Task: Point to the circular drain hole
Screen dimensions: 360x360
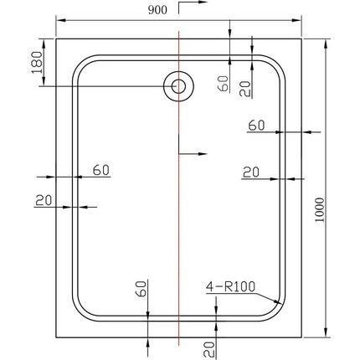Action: click(x=177, y=86)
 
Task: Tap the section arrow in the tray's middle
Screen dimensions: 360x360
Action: click(x=194, y=153)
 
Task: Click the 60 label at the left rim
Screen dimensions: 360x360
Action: click(x=101, y=170)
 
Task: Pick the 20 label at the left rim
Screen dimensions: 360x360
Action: click(x=44, y=200)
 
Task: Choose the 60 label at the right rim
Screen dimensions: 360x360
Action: click(x=257, y=126)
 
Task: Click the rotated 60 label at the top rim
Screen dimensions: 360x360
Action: click(x=223, y=82)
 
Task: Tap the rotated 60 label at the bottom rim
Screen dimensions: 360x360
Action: click(x=141, y=289)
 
